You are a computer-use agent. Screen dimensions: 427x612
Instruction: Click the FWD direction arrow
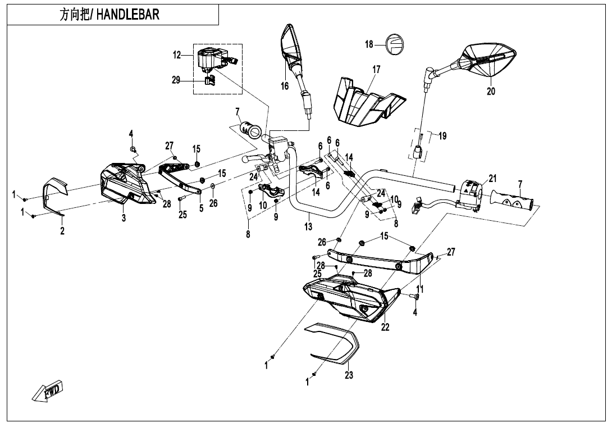48,390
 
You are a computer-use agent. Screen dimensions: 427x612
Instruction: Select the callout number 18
369,44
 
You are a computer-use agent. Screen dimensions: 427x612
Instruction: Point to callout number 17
376,70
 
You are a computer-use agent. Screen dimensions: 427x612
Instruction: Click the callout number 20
491,91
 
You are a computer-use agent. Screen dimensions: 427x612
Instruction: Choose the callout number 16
285,85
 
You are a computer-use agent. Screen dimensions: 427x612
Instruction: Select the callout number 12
177,55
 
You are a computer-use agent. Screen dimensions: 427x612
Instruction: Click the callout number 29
176,80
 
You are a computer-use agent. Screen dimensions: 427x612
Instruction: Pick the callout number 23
349,376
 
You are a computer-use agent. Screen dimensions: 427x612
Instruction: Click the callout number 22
385,328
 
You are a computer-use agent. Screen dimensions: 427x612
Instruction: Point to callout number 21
492,179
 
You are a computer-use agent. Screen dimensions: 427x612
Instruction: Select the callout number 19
442,135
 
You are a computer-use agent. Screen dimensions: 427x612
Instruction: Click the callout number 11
419,289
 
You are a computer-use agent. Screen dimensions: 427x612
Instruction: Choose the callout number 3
124,218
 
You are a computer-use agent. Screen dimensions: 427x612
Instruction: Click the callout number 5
201,208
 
